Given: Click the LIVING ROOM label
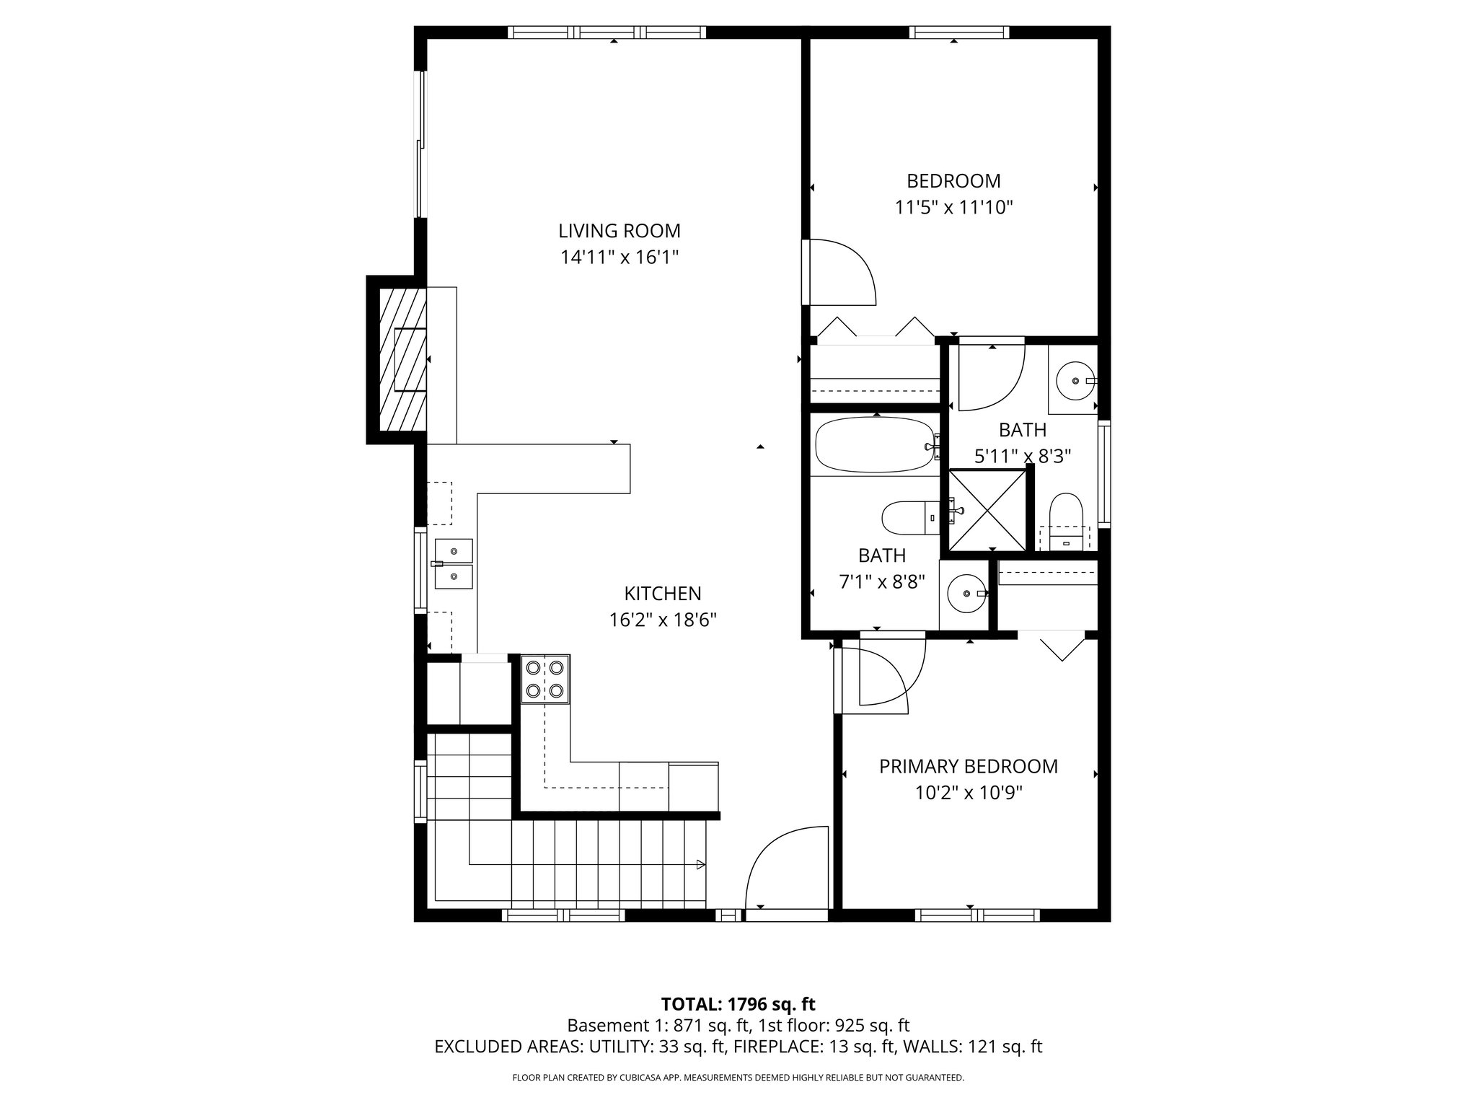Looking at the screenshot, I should (x=619, y=231).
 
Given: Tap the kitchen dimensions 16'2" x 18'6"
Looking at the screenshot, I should (x=662, y=620).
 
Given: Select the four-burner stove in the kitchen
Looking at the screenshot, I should (x=545, y=679).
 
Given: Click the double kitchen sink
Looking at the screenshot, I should (x=454, y=563).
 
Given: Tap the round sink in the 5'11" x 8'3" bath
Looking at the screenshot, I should (x=1075, y=379).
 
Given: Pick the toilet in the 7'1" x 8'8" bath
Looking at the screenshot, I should (x=907, y=517).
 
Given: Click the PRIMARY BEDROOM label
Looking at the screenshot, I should (x=968, y=766).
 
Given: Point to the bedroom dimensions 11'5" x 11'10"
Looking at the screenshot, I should (x=953, y=208).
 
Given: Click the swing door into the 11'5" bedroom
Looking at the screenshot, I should (x=840, y=273).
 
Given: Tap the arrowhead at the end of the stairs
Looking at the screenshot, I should (x=700, y=863).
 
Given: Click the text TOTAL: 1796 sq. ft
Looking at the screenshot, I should (x=738, y=1003).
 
